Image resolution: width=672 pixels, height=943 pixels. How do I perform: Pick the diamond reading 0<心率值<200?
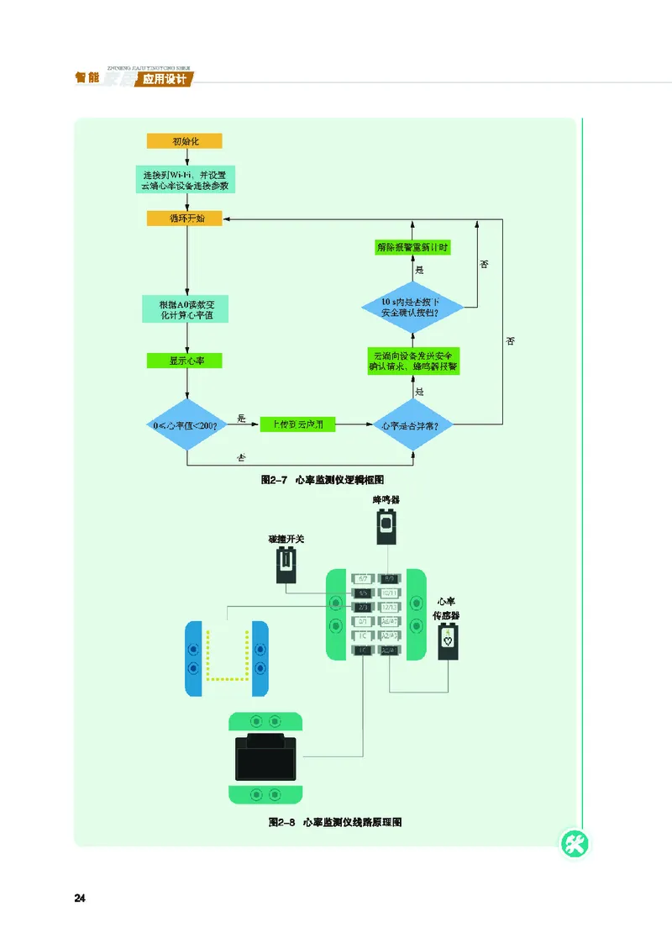[x=186, y=426]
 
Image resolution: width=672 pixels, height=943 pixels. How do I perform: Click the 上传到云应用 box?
[x=297, y=425]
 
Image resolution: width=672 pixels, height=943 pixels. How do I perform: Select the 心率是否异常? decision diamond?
[x=414, y=426]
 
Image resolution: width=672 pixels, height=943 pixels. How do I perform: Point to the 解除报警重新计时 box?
[x=413, y=247]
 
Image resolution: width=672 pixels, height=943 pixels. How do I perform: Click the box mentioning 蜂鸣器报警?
[x=413, y=361]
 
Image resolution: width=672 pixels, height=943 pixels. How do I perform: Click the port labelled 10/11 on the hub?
[x=390, y=593]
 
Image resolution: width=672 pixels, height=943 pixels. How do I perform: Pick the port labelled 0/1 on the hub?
[x=364, y=622]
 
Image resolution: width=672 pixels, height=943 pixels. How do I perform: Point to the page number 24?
[x=81, y=898]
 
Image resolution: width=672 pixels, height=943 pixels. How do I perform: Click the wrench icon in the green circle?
[x=575, y=845]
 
